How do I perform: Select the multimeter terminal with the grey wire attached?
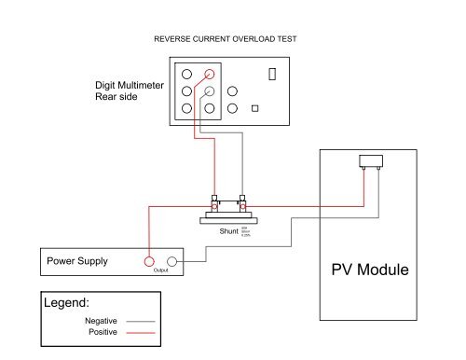211,91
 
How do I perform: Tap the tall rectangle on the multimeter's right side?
272,74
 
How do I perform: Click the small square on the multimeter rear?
254,107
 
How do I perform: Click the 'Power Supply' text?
77,261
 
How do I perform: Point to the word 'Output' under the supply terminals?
161,272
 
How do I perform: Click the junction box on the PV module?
374,161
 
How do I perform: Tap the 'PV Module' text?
370,271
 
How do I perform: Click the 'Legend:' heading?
67,303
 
